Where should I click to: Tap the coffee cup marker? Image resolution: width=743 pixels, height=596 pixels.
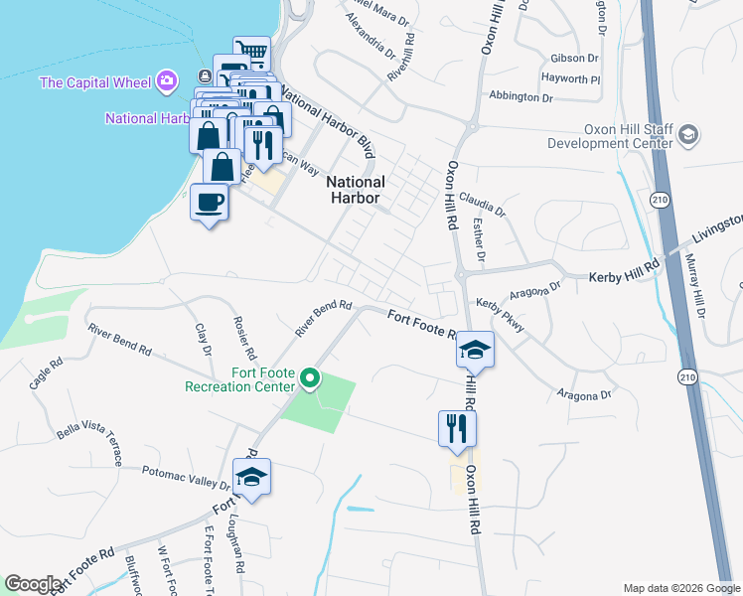click(209, 203)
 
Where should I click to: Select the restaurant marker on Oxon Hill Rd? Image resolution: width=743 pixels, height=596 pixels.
click(457, 429)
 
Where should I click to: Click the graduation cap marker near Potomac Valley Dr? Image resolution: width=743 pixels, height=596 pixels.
click(252, 478)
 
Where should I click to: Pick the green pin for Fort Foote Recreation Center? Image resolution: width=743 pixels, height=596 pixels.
click(310, 377)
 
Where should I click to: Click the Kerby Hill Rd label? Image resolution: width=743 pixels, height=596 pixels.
click(625, 270)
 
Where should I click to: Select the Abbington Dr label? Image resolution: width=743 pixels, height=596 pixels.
click(520, 97)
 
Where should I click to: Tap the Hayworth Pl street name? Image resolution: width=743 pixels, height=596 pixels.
click(570, 77)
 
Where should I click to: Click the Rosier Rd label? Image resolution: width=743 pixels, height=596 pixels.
click(244, 339)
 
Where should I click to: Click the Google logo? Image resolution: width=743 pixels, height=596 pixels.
click(32, 584)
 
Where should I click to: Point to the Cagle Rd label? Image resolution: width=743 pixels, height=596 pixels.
click(46, 373)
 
